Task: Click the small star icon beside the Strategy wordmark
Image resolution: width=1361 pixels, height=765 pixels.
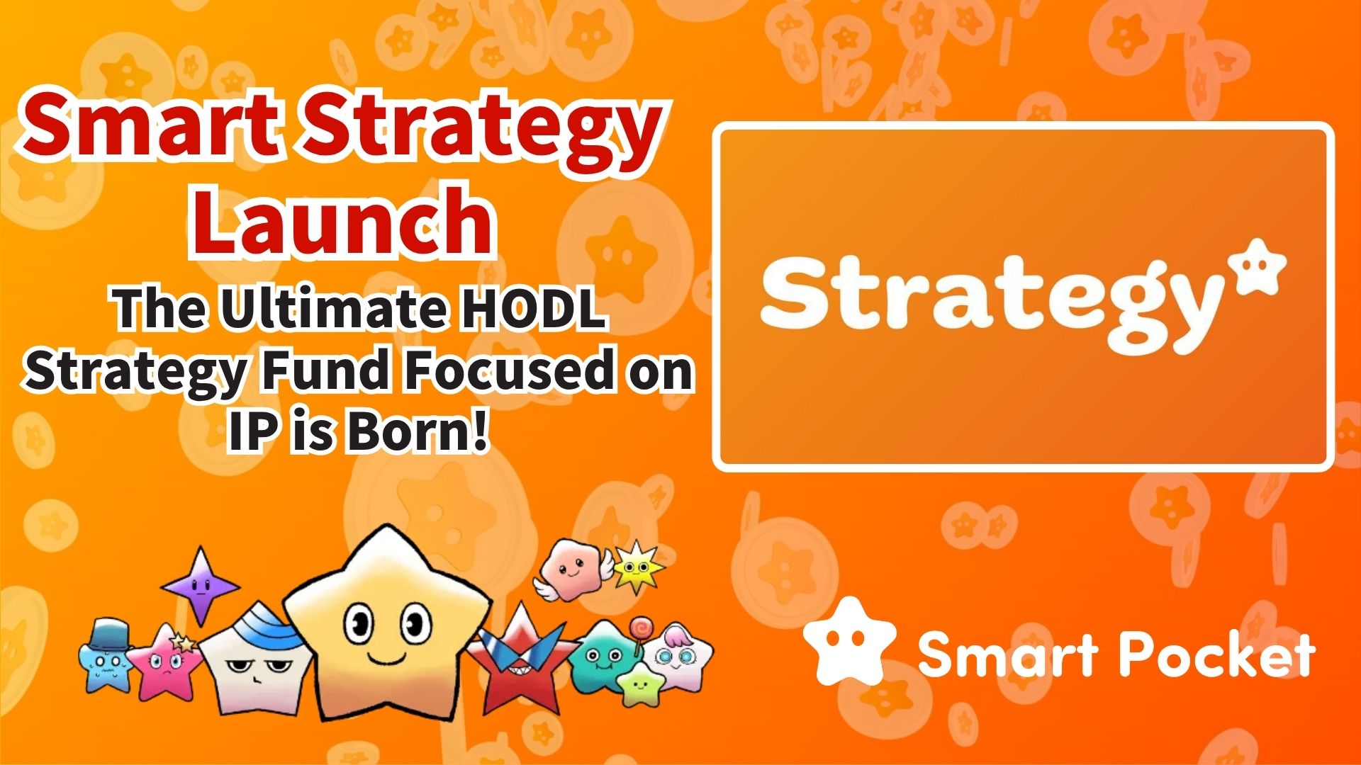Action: click(1255, 268)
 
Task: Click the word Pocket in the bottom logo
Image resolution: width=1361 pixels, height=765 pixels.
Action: click(1216, 655)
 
